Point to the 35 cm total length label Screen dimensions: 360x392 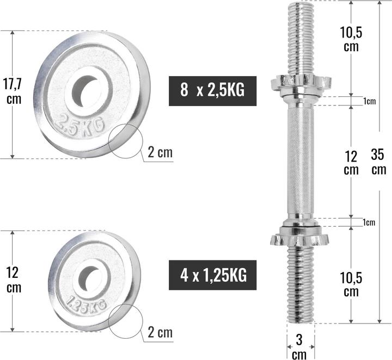coord(378,162)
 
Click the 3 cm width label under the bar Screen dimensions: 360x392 coord(299,347)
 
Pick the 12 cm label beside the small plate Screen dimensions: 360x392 coord(14,279)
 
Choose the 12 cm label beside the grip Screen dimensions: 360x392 coord(352,163)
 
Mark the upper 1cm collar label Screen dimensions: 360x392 coord(370,101)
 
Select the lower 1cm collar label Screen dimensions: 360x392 coord(370,222)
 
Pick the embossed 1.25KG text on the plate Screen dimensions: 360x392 coord(84,304)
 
